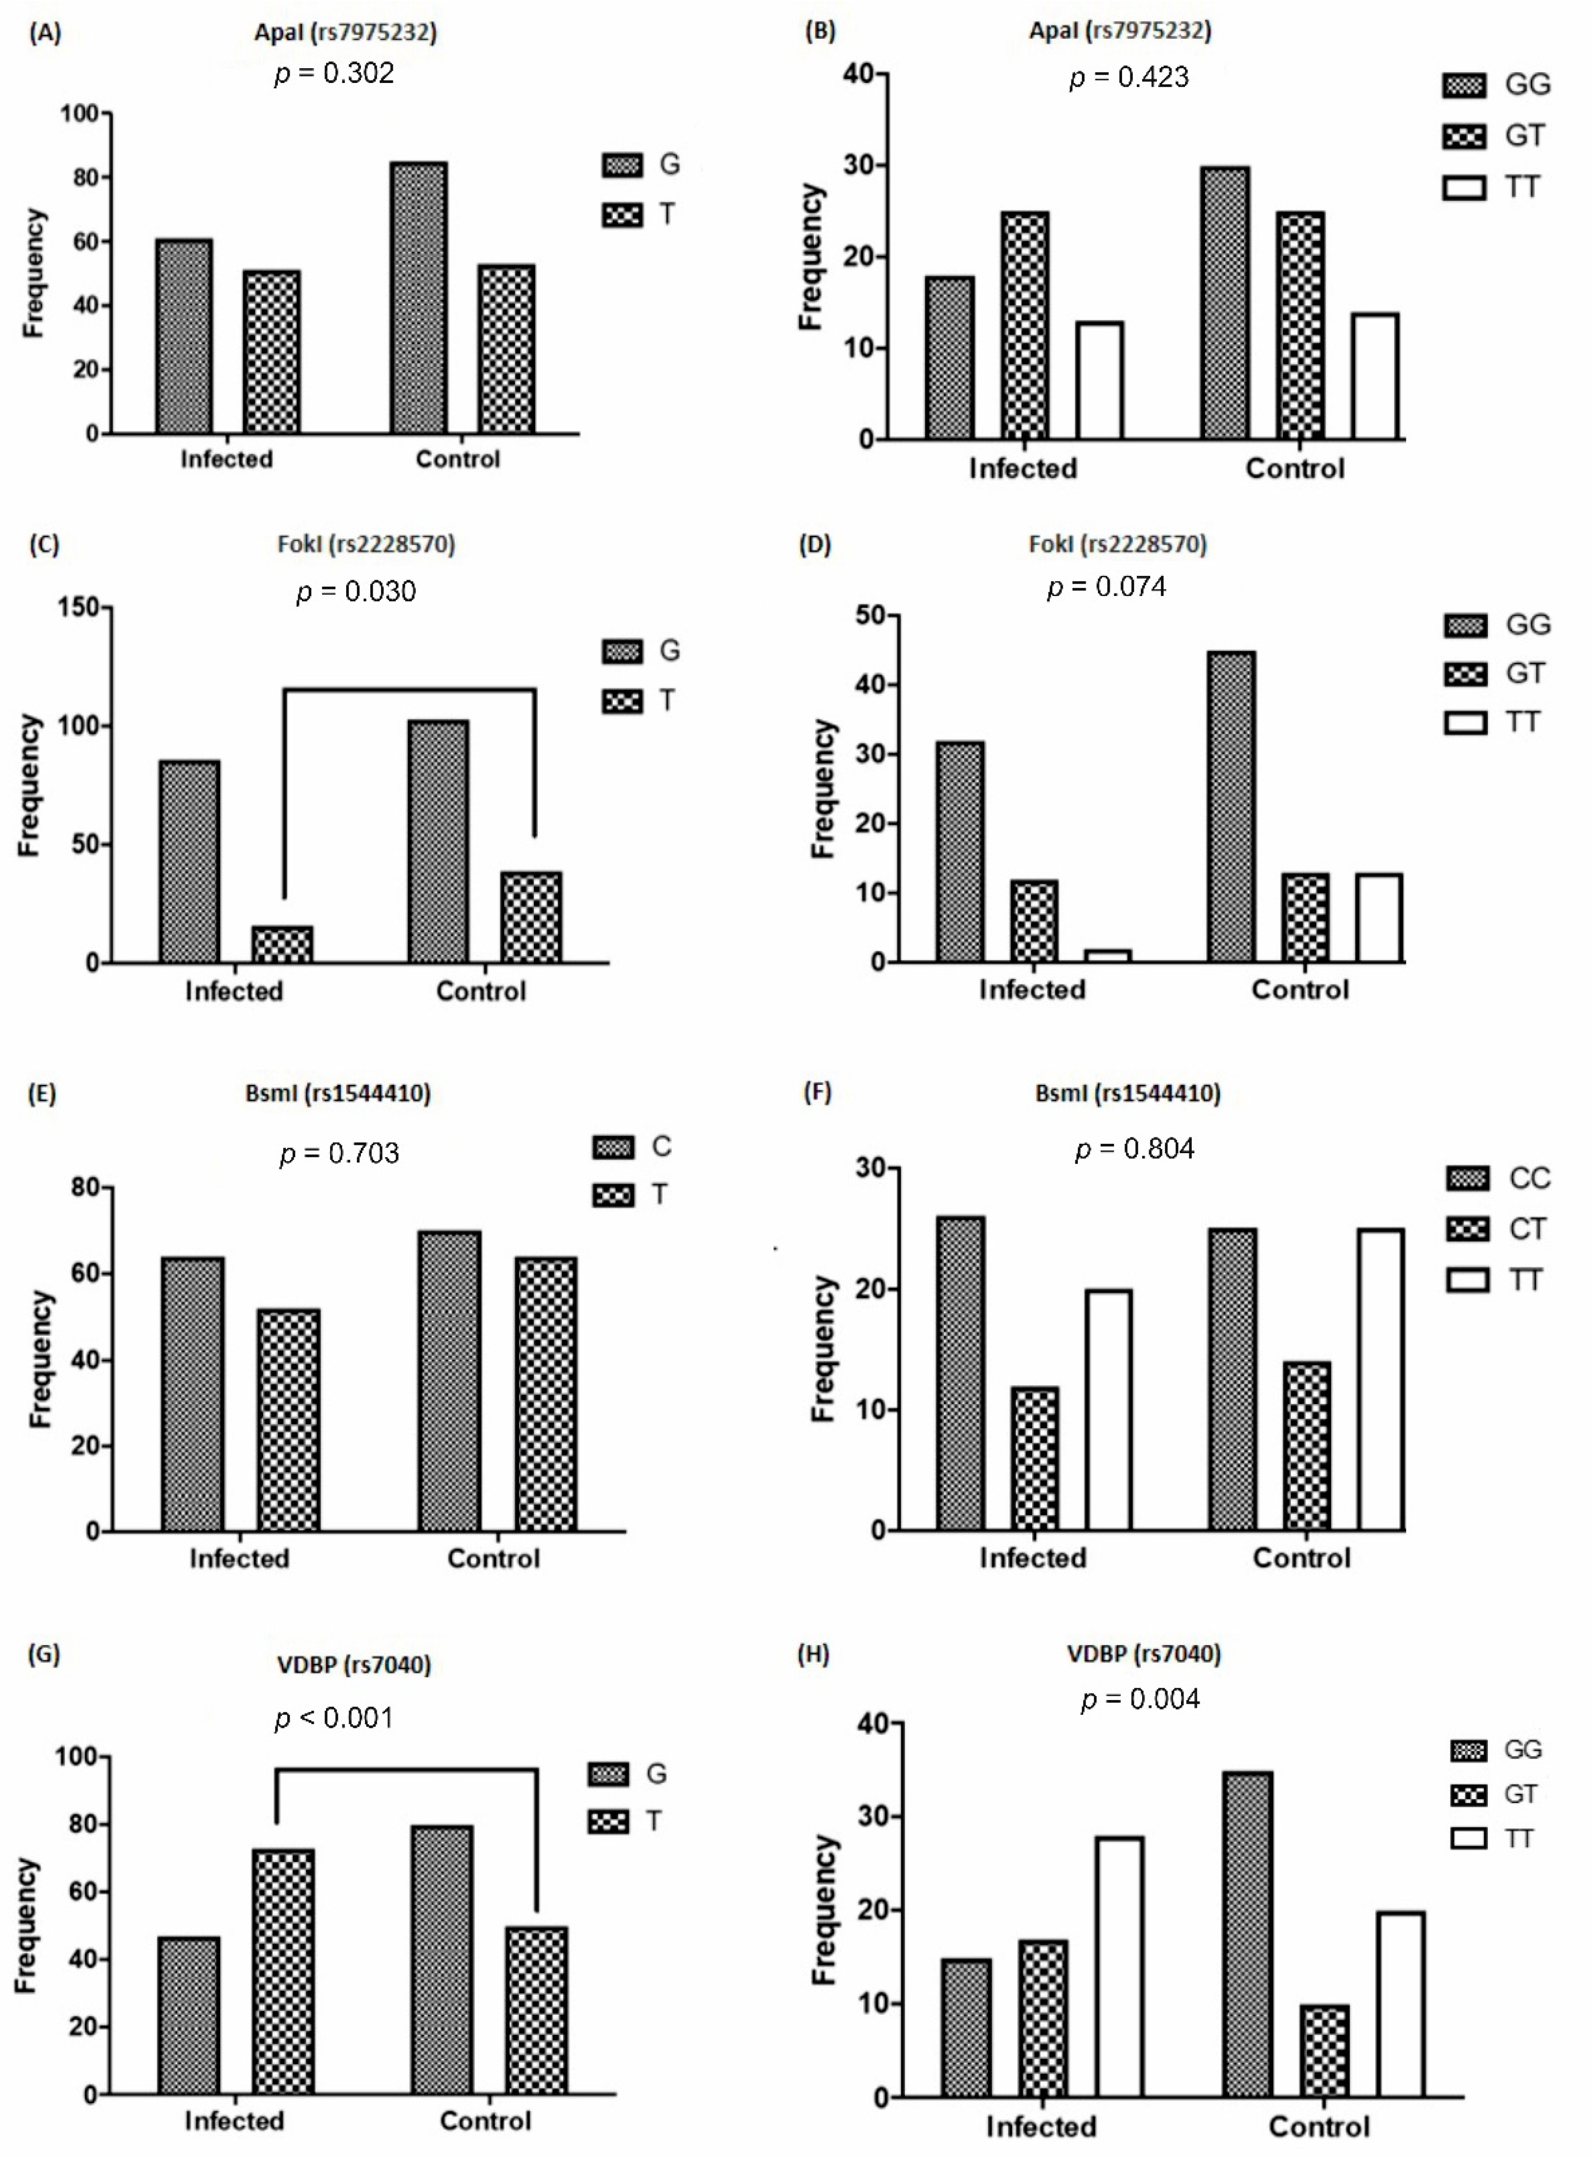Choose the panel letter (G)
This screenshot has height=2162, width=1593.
pos(44,1654)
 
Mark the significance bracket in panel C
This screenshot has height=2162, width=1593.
pos(410,690)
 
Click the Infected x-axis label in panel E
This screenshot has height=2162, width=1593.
pos(239,1559)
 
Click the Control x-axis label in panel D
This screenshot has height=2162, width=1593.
pos(1300,990)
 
